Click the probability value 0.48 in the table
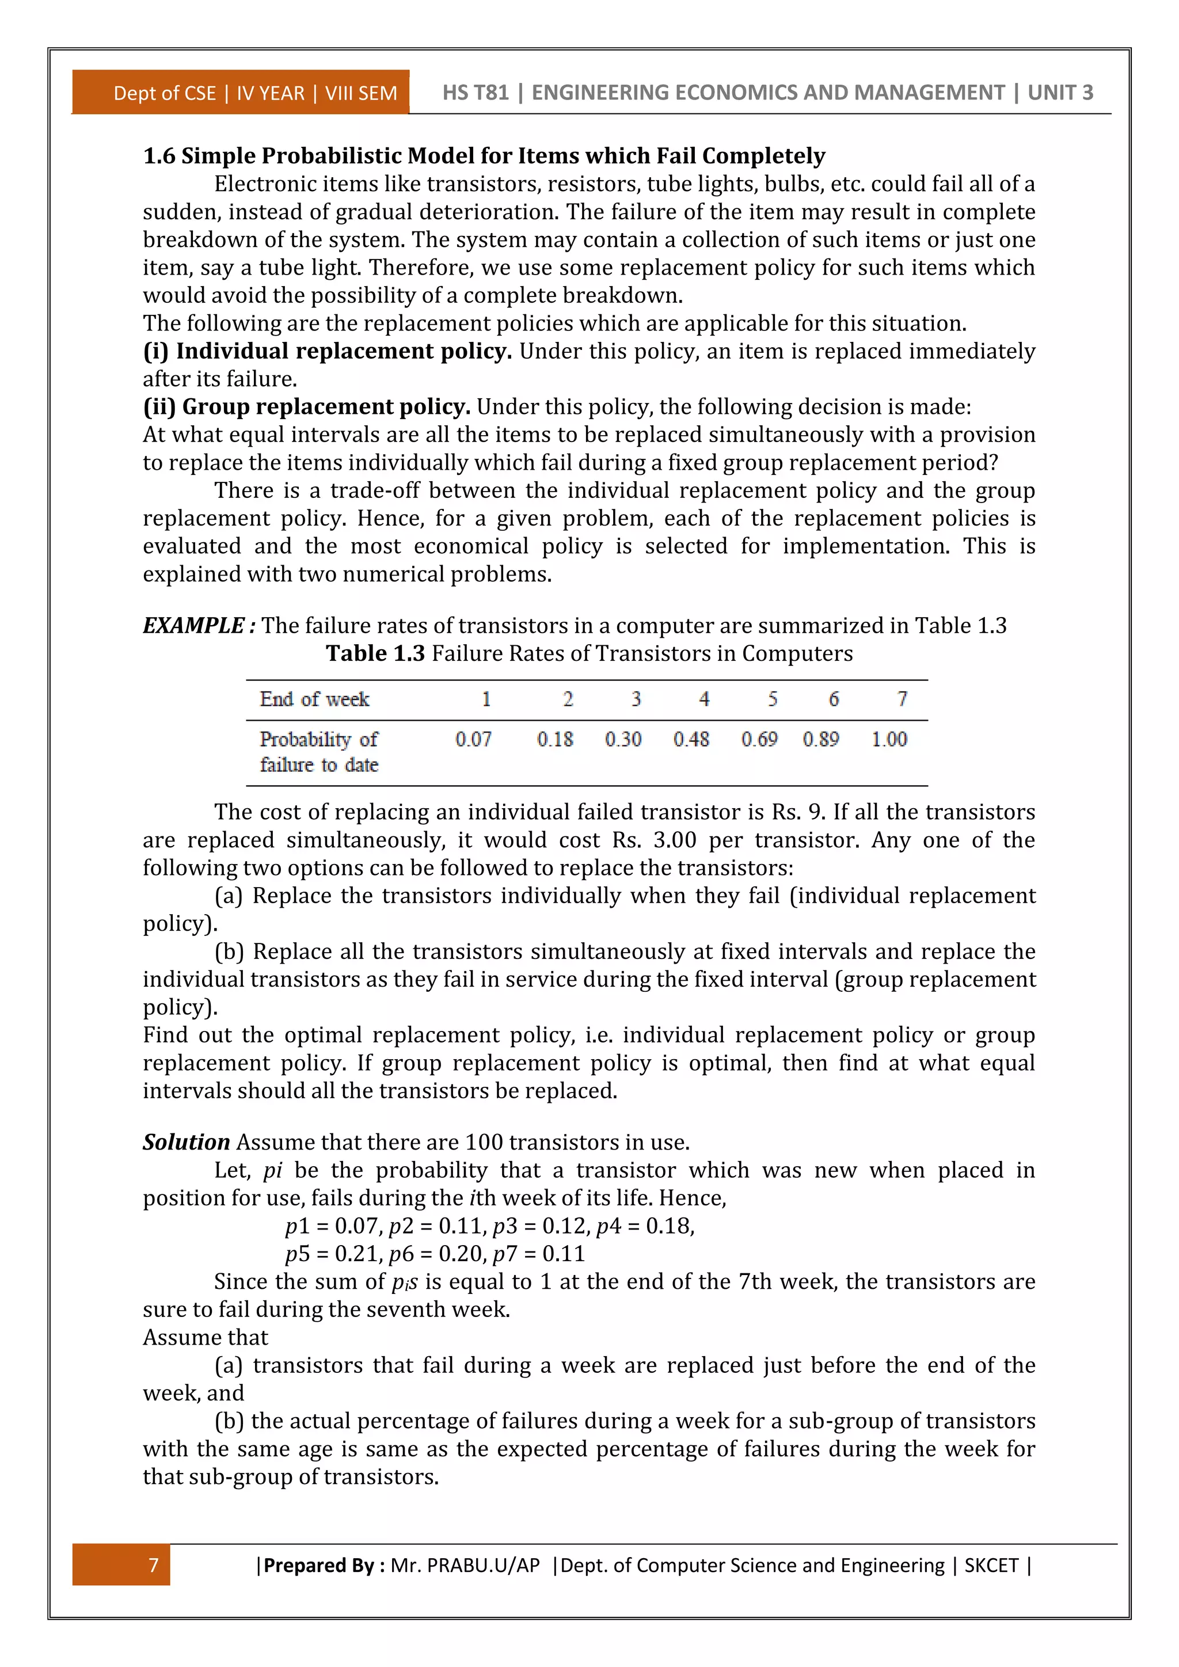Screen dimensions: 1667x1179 coord(690,739)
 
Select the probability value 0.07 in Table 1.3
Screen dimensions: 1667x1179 coord(473,739)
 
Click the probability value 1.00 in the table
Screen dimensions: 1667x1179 coord(889,739)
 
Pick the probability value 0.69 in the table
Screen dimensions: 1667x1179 coord(759,739)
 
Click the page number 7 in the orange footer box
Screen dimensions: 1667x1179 coord(153,1565)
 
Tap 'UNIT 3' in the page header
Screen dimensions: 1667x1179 coord(1060,92)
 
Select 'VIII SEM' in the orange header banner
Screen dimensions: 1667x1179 coord(361,93)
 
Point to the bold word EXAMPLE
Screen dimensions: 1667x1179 coord(193,625)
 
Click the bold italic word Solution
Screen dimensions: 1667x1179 coord(186,1142)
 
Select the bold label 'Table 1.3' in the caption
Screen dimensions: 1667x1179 coord(375,653)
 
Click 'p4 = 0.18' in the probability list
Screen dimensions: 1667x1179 coord(645,1226)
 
